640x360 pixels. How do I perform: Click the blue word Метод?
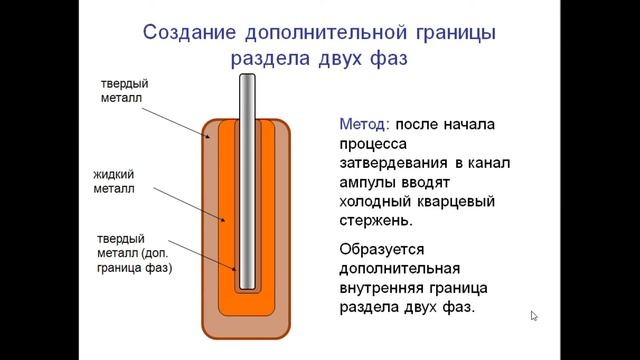tap(364, 125)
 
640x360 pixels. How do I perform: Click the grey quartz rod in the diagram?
tap(247, 180)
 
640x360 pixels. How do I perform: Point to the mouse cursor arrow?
tap(534, 316)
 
